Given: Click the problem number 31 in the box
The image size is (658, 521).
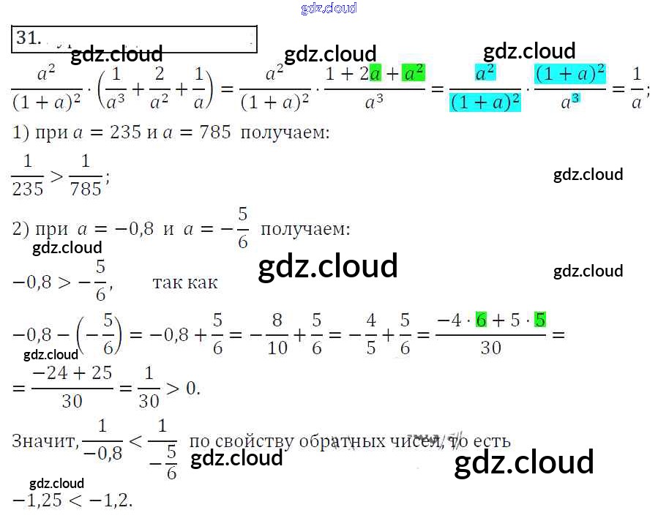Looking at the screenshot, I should (27, 38).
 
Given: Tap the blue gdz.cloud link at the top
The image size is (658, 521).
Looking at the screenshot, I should (329, 8).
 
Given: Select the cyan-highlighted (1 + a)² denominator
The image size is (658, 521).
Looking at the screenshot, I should (485, 102).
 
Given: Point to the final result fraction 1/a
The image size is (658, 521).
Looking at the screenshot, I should (636, 87).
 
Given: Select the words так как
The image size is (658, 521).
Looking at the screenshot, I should (184, 282).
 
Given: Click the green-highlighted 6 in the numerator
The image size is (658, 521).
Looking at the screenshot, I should (481, 320).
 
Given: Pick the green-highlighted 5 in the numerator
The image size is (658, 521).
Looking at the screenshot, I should (540, 320).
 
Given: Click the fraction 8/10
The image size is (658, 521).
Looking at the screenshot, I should (277, 333).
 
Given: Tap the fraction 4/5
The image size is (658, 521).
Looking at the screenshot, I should (371, 333).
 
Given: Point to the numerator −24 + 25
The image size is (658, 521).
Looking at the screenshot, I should (72, 373).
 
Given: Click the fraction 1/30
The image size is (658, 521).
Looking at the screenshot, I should (149, 386).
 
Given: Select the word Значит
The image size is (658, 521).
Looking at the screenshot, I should (42, 441).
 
